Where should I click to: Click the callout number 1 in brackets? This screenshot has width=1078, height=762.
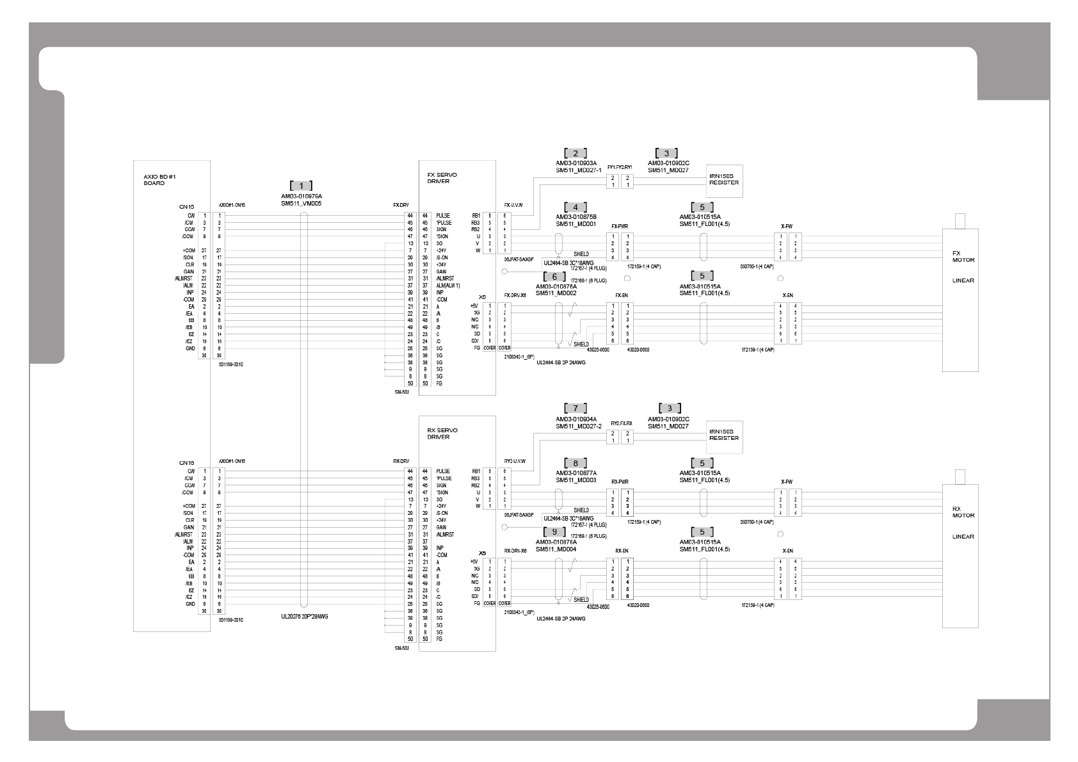pos(301,185)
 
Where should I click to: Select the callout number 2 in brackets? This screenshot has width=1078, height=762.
pos(575,153)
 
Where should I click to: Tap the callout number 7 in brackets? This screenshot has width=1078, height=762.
pos(575,408)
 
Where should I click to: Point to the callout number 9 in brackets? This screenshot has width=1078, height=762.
pos(554,531)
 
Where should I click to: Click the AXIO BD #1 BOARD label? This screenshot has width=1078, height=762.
pos(154,179)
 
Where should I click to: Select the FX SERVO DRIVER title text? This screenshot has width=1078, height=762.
pos(442,177)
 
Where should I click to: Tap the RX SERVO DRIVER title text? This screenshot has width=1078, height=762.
pos(442,434)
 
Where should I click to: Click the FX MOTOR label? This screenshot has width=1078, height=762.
pos(963,256)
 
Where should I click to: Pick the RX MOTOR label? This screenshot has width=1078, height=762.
pos(963,512)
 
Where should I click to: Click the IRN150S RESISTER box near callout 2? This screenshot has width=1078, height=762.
pos(724,179)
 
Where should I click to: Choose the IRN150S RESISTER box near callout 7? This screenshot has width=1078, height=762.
pos(724,435)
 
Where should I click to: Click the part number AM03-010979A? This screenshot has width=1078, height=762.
pos(301,196)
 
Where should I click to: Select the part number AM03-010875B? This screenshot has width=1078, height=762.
pos(575,217)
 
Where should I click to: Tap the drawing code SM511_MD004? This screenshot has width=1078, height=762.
pos(556,549)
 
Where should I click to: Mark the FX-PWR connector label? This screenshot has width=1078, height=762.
pos(619,226)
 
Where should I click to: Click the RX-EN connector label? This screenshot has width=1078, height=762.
pos(621,551)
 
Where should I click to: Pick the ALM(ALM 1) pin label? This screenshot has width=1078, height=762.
pos(448,286)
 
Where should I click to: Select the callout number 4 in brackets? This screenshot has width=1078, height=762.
pos(575,207)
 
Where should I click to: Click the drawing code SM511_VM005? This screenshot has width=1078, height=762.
pos(301,203)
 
